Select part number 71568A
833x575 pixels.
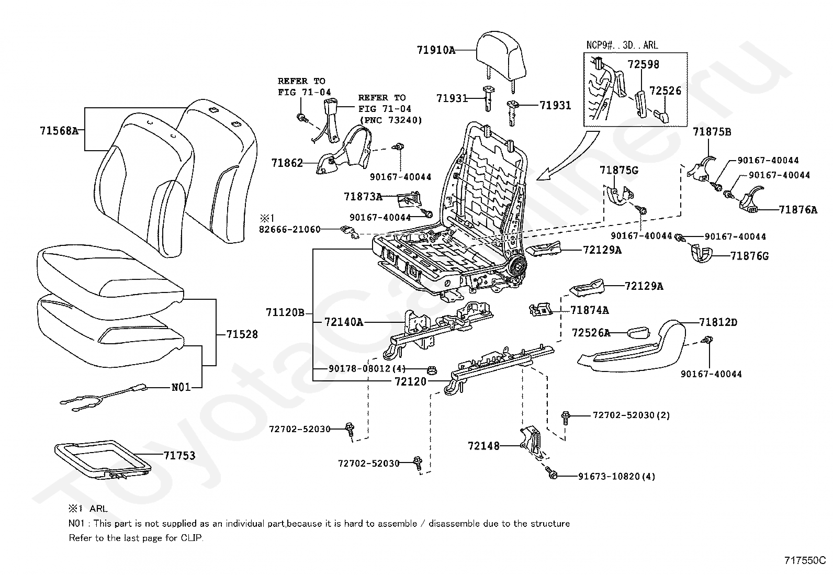59,131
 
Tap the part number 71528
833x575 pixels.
242,334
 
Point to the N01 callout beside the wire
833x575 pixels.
181,388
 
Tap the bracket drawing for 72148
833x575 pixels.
531,441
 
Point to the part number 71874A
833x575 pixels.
589,310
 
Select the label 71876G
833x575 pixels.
749,256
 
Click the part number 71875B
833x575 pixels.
712,132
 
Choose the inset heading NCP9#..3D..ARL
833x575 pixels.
622,46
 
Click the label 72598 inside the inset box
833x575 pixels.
643,65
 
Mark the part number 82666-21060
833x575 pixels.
289,229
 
